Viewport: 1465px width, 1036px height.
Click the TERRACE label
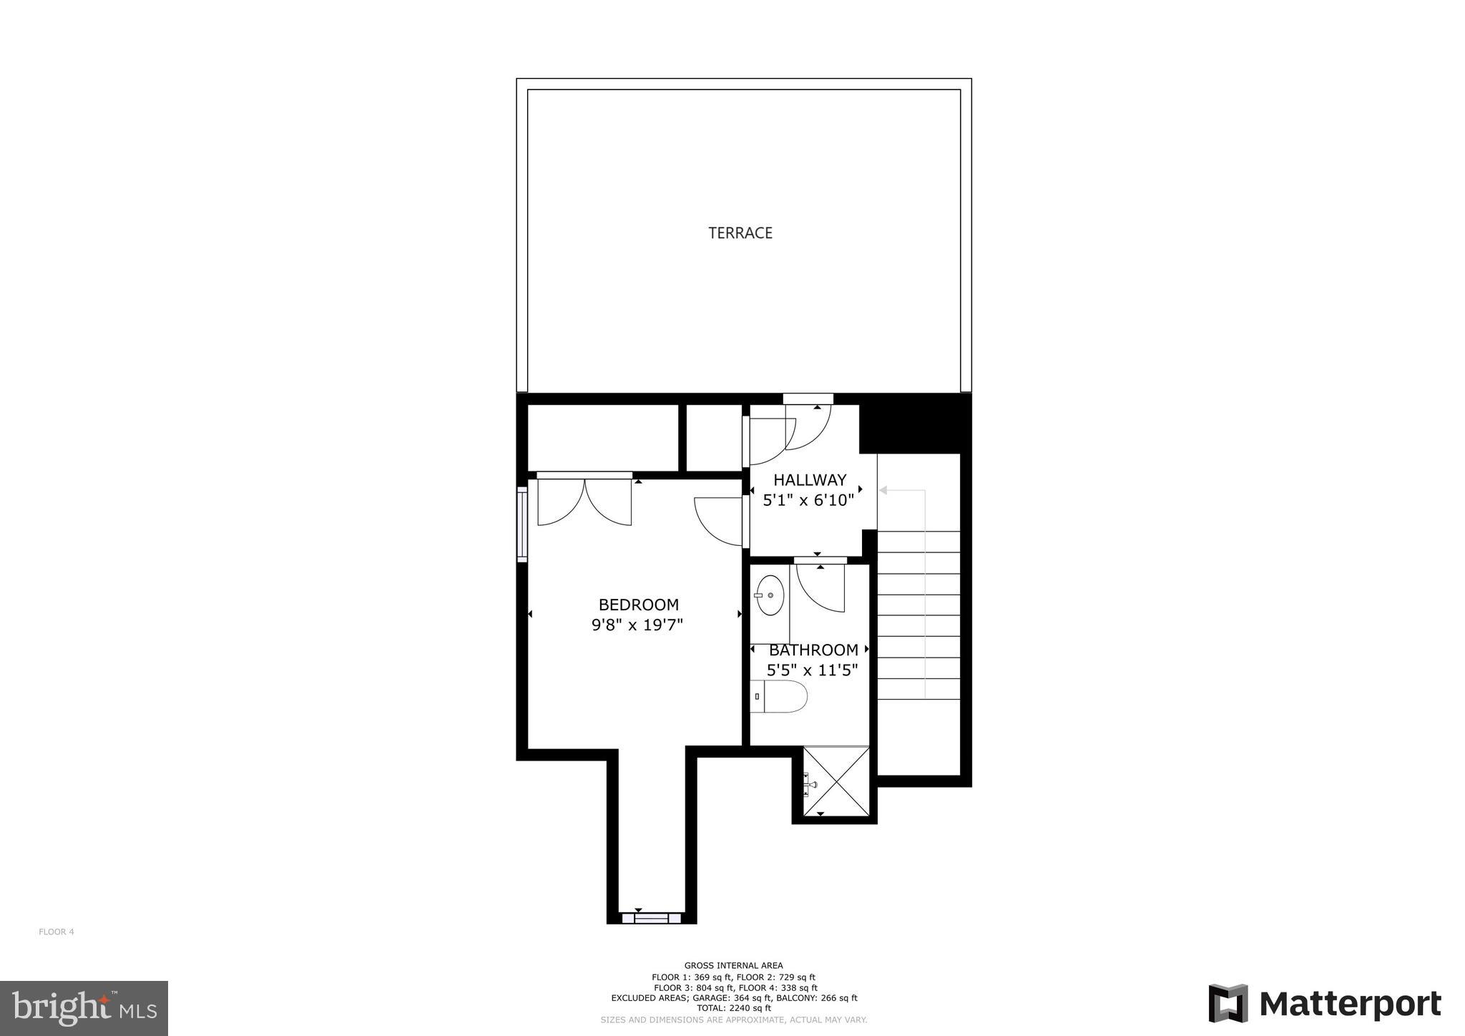(740, 233)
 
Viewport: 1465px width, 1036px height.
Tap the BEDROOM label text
(638, 605)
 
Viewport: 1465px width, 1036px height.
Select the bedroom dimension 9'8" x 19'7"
(637, 625)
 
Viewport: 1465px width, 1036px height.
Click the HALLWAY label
(809, 480)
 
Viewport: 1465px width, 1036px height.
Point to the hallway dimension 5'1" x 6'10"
(808, 500)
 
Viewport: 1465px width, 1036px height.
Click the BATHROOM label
(813, 650)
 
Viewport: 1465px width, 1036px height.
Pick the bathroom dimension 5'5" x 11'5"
(812, 670)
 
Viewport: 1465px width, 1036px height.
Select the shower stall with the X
(836, 781)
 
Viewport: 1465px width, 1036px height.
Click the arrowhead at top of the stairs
(883, 490)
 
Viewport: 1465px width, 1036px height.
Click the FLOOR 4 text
(57, 932)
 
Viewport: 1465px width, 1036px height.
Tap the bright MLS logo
(84, 1008)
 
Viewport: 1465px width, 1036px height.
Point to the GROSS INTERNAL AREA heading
(733, 965)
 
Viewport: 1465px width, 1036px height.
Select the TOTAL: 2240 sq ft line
(733, 1008)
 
